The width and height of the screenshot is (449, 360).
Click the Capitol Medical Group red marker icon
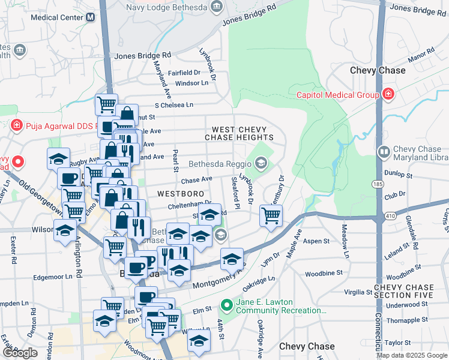click(x=388, y=95)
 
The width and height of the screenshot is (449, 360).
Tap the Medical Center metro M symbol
click(x=90, y=17)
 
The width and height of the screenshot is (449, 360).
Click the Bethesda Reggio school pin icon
click(x=261, y=163)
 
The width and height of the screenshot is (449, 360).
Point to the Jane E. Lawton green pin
click(x=226, y=305)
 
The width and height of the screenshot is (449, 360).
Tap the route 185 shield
click(x=377, y=183)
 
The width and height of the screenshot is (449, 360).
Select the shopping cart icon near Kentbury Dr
click(x=271, y=215)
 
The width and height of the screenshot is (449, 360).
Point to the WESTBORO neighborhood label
click(x=178, y=194)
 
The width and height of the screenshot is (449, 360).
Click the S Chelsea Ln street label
click(x=173, y=104)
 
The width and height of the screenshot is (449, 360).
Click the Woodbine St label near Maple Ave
click(x=323, y=273)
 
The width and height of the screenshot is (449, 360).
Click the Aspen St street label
click(x=317, y=241)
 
